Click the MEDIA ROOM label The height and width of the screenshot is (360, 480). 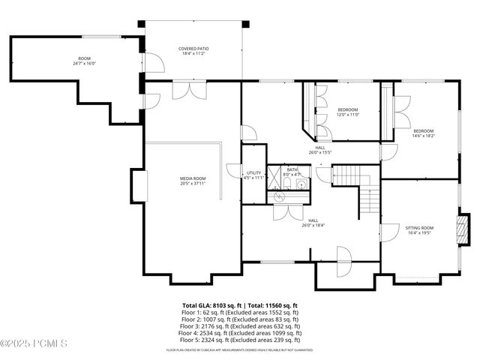(193, 178)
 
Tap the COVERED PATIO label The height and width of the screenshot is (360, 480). (193, 49)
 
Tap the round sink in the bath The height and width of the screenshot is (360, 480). (280, 197)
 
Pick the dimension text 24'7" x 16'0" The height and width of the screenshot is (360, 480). (84, 64)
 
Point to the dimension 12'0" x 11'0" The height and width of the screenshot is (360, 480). (347, 115)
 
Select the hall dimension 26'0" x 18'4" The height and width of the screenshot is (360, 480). (313, 225)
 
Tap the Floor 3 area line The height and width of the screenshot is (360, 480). (239, 326)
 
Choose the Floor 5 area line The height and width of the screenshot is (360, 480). (239, 340)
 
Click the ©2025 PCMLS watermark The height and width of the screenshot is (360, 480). (34, 344)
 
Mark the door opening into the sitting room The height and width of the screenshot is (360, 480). (389, 232)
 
